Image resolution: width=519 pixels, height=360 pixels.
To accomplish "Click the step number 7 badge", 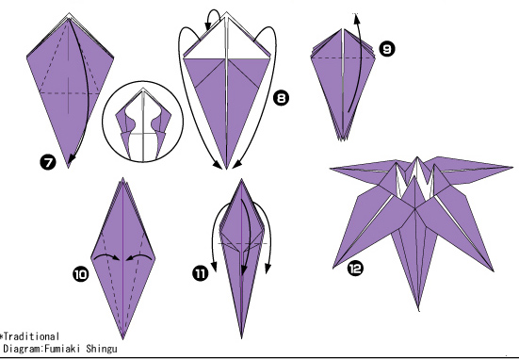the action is (x=48, y=163).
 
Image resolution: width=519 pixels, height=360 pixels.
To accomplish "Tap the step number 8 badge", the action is (x=281, y=98).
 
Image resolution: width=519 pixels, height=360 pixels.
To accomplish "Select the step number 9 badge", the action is (x=386, y=49).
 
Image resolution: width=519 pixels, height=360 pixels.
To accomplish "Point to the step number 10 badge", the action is (x=81, y=274).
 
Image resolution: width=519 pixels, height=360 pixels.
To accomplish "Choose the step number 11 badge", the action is (x=201, y=273).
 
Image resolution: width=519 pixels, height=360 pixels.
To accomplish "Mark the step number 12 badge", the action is (x=355, y=269).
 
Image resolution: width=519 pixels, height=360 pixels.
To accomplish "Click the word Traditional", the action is (x=31, y=336).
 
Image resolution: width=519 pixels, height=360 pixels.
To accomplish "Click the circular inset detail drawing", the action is (x=142, y=122).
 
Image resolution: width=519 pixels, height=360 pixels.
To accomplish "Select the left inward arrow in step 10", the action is (x=106, y=255).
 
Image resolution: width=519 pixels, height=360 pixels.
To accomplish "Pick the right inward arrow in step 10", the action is (x=139, y=255).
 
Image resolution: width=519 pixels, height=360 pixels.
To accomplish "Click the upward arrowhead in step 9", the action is (x=356, y=19).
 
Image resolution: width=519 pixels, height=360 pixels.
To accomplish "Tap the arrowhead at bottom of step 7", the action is (x=71, y=159).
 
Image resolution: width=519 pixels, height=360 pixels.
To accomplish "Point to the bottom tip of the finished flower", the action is (x=419, y=310).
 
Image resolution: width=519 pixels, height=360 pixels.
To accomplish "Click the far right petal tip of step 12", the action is (x=511, y=168).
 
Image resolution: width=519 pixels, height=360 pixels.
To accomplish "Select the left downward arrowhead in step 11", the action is (x=214, y=267).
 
